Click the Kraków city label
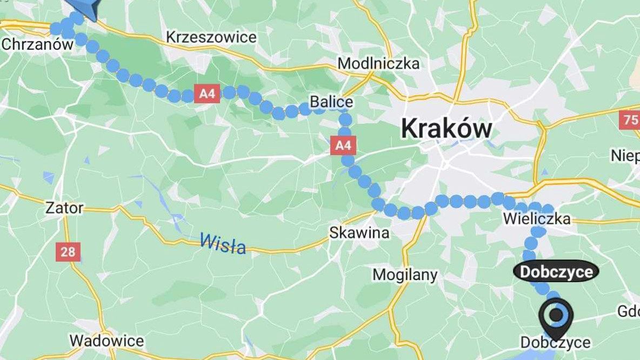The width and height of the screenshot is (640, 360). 446,129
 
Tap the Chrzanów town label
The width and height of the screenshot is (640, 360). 37,44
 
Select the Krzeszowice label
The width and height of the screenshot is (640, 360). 211,37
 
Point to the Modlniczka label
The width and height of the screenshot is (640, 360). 378,63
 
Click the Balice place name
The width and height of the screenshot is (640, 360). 331,102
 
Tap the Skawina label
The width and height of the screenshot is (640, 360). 359,233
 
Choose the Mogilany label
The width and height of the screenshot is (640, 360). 405,275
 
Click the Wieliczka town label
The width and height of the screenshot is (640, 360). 536,219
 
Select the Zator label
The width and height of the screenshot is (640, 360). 64,208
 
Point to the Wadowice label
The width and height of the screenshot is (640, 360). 106,341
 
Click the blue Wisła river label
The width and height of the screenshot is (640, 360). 223,243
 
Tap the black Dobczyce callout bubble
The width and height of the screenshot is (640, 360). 556,271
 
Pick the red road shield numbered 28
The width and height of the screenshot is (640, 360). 68,251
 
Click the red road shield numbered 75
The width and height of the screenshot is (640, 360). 631,119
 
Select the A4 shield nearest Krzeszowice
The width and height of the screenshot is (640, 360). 207,94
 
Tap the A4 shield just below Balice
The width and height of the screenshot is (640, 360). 343,145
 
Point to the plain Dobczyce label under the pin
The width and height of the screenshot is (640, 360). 555,342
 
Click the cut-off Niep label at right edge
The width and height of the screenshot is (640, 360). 625,156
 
